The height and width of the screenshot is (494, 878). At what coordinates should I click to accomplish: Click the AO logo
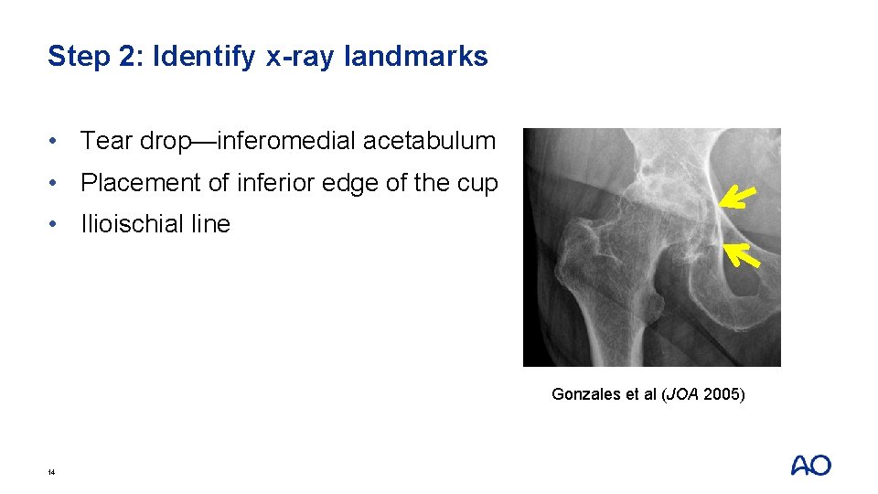(x=810, y=466)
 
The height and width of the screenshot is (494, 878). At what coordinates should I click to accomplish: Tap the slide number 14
(x=51, y=472)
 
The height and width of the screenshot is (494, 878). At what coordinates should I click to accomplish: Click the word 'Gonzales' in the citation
(x=585, y=394)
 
